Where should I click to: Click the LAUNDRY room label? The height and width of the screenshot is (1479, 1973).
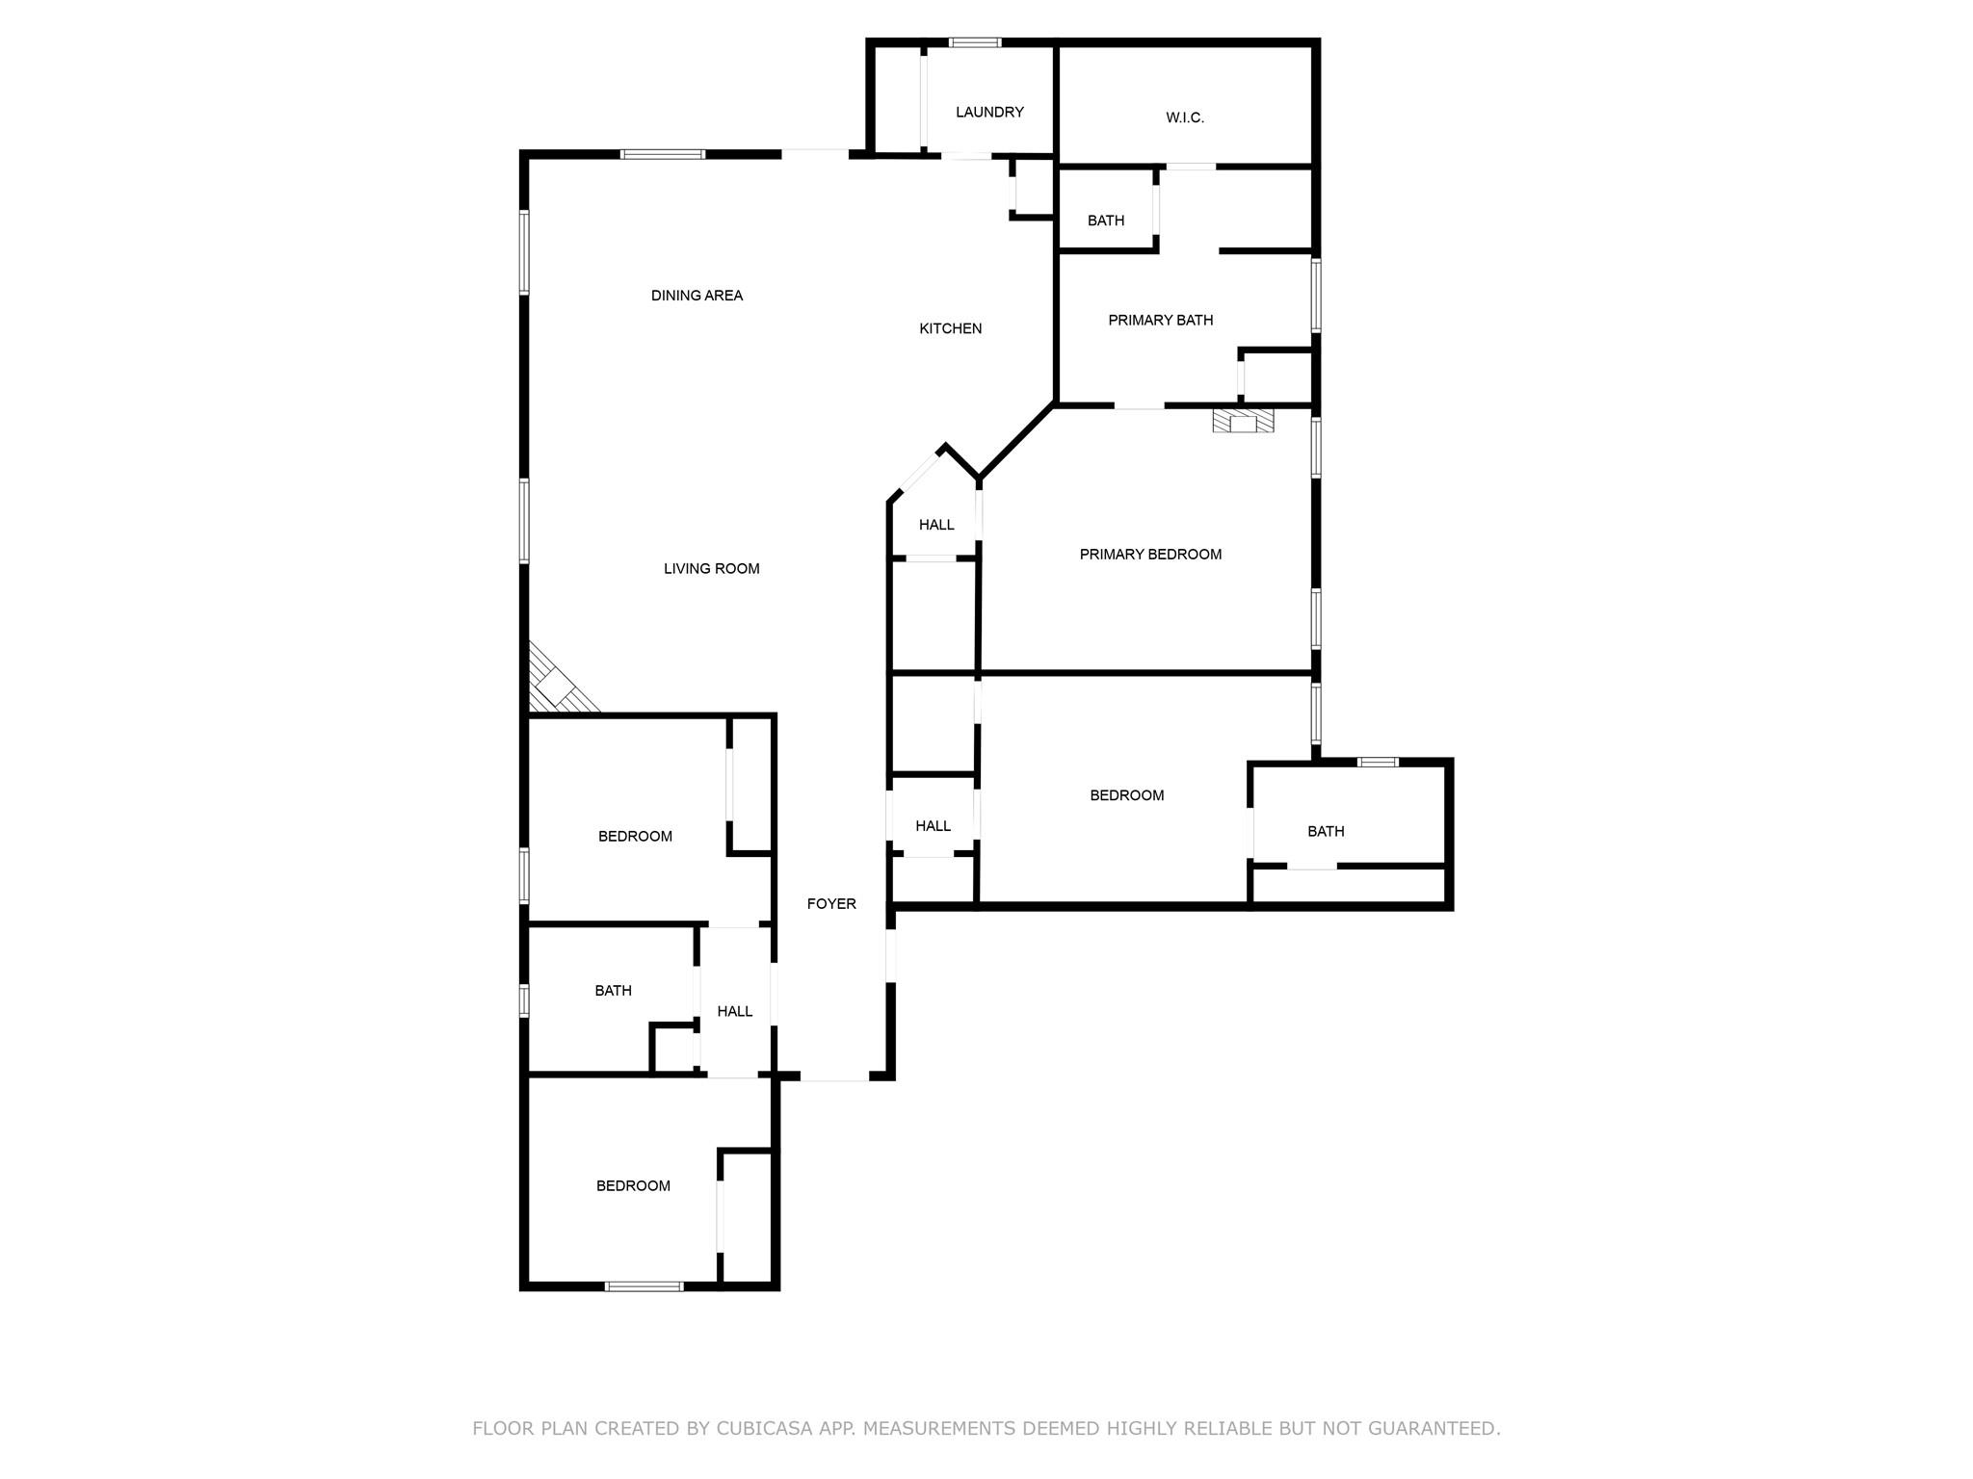(x=989, y=112)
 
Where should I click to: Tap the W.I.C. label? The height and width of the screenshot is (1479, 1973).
(x=1184, y=117)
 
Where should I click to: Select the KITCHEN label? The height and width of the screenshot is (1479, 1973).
(x=950, y=328)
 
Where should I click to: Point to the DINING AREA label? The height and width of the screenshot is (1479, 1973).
(x=697, y=296)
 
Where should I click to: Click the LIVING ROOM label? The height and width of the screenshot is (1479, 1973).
(x=711, y=569)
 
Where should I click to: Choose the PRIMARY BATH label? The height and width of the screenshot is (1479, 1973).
(x=1160, y=320)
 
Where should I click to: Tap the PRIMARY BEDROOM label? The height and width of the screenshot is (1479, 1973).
(x=1150, y=555)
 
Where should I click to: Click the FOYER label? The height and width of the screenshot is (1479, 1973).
(x=831, y=904)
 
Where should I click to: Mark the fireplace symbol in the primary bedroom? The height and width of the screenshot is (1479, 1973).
(x=1243, y=421)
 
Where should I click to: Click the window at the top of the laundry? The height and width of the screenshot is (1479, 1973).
(x=974, y=42)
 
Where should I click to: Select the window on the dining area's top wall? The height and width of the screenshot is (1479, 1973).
(x=662, y=154)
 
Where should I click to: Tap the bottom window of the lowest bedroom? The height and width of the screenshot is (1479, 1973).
(x=644, y=1285)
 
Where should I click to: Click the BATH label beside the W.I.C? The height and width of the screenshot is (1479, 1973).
(x=1105, y=221)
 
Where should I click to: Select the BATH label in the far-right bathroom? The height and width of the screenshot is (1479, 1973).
(x=1326, y=831)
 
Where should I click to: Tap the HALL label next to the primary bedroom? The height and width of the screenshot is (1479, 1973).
(x=935, y=525)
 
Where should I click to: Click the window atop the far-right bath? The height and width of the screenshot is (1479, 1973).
(x=1378, y=763)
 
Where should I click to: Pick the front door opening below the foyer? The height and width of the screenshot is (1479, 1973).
(x=834, y=1078)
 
